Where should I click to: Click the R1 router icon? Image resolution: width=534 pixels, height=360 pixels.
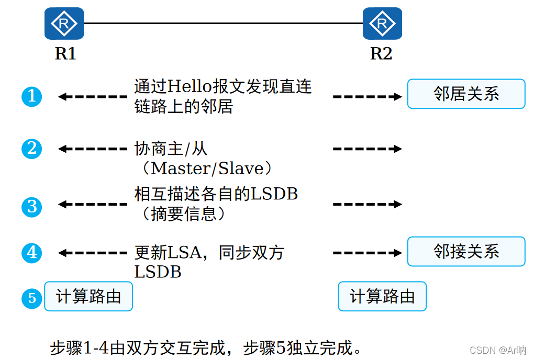(x=64, y=24)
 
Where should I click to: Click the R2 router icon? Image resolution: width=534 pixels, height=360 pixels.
(x=382, y=24)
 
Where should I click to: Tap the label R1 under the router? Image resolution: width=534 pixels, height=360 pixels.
(x=65, y=53)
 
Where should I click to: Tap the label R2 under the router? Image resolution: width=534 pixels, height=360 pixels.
(x=381, y=53)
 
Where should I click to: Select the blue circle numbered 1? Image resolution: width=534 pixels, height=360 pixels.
(x=32, y=96)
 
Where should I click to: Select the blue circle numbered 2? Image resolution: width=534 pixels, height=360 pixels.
(x=32, y=149)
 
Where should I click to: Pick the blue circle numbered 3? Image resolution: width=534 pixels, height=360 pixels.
(x=32, y=206)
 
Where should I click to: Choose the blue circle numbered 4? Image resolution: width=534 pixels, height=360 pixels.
(x=32, y=253)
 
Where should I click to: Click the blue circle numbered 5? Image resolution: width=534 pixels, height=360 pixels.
(x=32, y=298)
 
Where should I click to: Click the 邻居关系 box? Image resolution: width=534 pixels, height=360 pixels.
(x=466, y=94)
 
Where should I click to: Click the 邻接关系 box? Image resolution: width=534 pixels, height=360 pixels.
(x=466, y=252)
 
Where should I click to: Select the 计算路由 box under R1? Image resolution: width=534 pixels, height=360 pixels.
(x=88, y=297)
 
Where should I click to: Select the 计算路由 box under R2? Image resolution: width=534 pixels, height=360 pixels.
(x=382, y=297)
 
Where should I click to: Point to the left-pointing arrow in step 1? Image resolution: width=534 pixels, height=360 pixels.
(x=92, y=97)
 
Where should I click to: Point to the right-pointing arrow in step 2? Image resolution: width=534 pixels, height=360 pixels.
(x=367, y=149)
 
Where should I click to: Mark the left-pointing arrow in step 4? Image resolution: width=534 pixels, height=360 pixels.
(x=92, y=253)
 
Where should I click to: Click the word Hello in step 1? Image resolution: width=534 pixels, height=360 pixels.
(x=187, y=86)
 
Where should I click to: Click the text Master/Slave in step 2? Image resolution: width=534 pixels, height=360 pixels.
(x=210, y=168)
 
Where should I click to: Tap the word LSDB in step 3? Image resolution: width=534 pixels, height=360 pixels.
(x=274, y=194)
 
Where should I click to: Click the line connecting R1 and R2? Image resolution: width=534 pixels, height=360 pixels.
(x=223, y=24)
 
